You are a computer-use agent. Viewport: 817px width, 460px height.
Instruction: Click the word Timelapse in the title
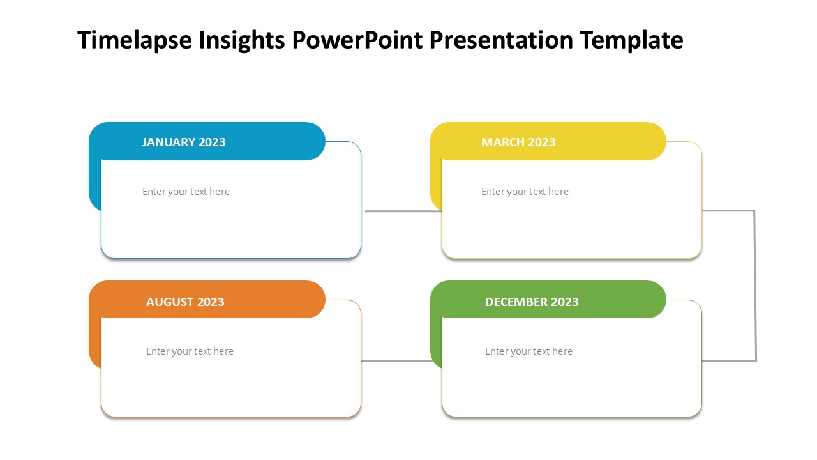click(135, 40)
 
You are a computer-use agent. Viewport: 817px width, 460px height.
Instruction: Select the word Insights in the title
click(241, 40)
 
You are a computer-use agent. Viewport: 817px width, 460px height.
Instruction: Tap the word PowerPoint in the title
click(357, 40)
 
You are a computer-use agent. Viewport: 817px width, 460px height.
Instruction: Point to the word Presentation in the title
click(501, 40)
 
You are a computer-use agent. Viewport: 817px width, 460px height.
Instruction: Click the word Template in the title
click(631, 40)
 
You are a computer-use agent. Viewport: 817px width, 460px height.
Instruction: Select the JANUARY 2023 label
click(184, 142)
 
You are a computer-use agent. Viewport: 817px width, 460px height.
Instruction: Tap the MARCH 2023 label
click(518, 142)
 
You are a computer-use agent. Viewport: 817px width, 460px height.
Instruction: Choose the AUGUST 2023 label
click(185, 302)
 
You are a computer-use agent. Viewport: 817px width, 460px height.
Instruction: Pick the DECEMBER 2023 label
click(532, 302)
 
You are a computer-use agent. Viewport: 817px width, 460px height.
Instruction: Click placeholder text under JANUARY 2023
click(186, 192)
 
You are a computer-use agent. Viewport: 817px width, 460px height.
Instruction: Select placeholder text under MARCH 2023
click(525, 192)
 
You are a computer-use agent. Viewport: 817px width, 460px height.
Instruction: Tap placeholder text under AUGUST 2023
click(190, 351)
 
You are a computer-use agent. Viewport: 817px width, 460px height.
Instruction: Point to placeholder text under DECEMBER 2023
click(528, 351)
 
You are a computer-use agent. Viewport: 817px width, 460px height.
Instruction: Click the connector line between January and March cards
click(403, 211)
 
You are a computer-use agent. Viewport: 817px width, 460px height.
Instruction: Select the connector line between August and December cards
click(396, 361)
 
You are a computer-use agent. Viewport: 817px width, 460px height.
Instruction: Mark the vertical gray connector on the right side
click(755, 286)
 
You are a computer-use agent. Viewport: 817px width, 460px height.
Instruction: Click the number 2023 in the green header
click(565, 302)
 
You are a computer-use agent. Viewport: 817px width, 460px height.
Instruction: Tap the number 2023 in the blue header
click(213, 142)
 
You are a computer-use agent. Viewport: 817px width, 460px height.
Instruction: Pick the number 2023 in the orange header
click(211, 302)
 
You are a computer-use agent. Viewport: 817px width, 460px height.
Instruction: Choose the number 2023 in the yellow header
click(542, 142)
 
